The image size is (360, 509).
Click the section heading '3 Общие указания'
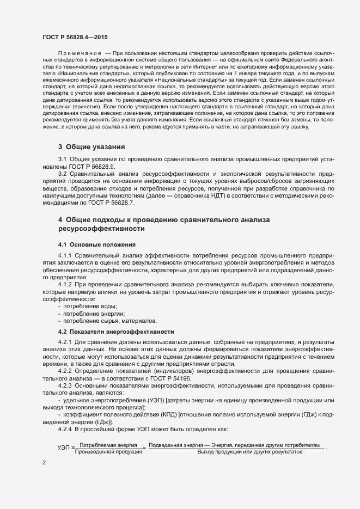point(91,147)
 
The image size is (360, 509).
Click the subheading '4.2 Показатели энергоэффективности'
point(116,332)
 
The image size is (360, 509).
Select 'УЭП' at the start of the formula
point(63,448)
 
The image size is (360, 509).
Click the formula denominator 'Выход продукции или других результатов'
point(249,452)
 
